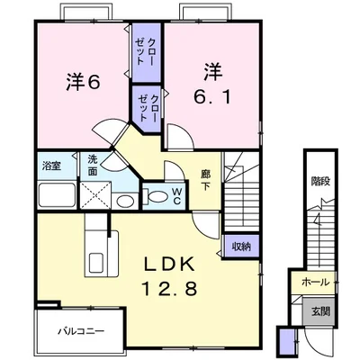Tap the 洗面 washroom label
pos(94,165)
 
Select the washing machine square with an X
pos(95,194)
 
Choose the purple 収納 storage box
pos(240,245)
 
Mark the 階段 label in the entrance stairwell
pos(318,184)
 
